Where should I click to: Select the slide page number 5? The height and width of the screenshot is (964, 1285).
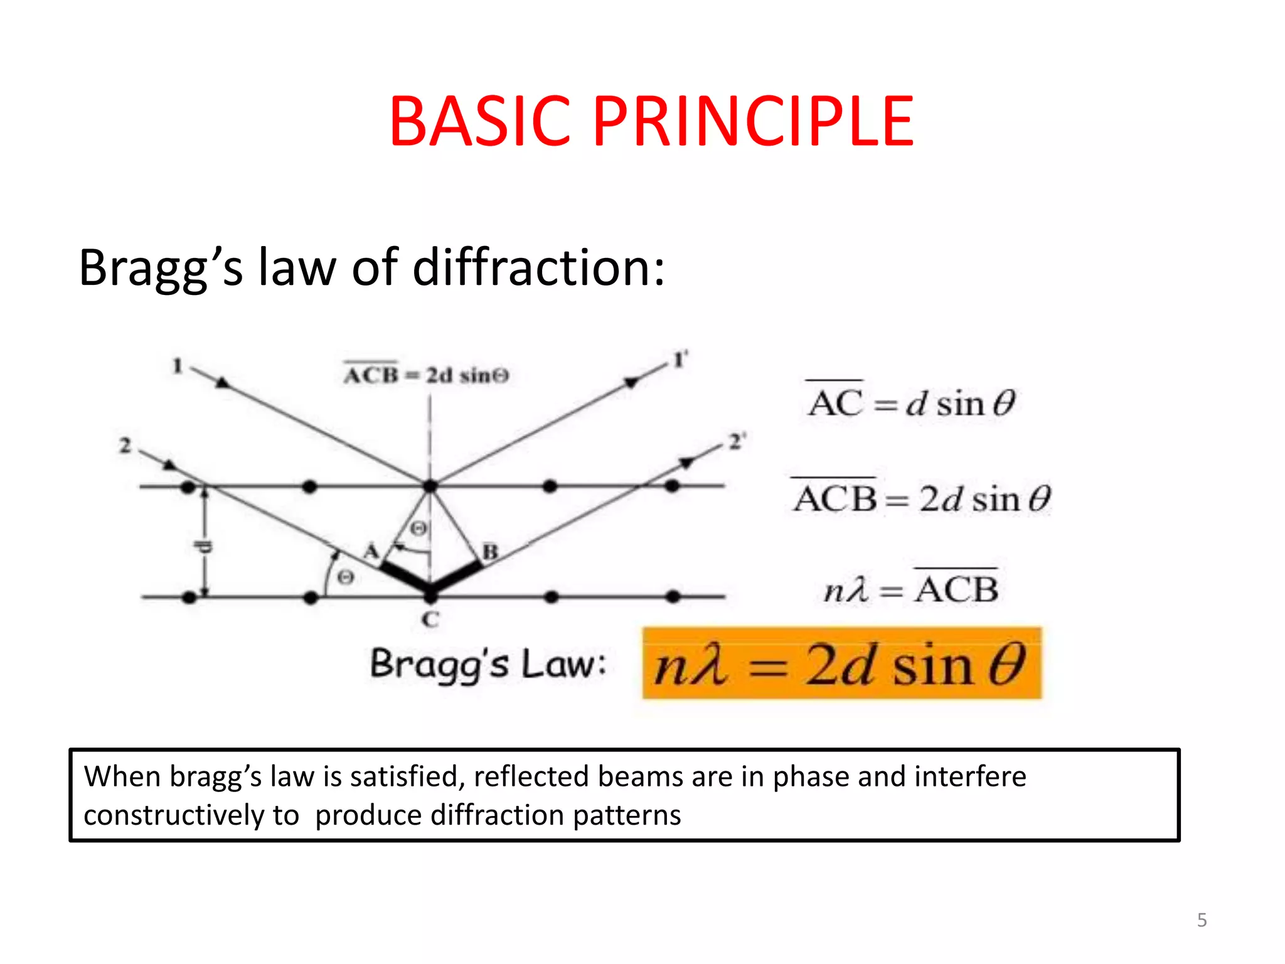point(1202,920)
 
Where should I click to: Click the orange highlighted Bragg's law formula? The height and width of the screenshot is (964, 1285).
point(841,664)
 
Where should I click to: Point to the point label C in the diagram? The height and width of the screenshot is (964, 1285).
point(430,619)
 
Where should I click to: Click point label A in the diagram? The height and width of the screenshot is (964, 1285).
point(371,551)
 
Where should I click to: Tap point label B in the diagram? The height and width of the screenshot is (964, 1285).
point(490,552)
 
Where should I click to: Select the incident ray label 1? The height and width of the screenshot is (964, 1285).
point(178,365)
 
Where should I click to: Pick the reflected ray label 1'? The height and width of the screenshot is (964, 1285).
point(680,360)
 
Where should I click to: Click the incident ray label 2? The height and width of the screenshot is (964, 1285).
point(125,446)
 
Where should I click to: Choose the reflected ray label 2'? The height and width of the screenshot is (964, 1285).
point(736,442)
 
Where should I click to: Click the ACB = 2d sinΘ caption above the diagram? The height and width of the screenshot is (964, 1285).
point(426,375)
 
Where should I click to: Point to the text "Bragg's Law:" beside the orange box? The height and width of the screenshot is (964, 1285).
point(488,664)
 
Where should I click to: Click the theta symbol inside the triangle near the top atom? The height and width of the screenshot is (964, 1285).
point(419,528)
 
